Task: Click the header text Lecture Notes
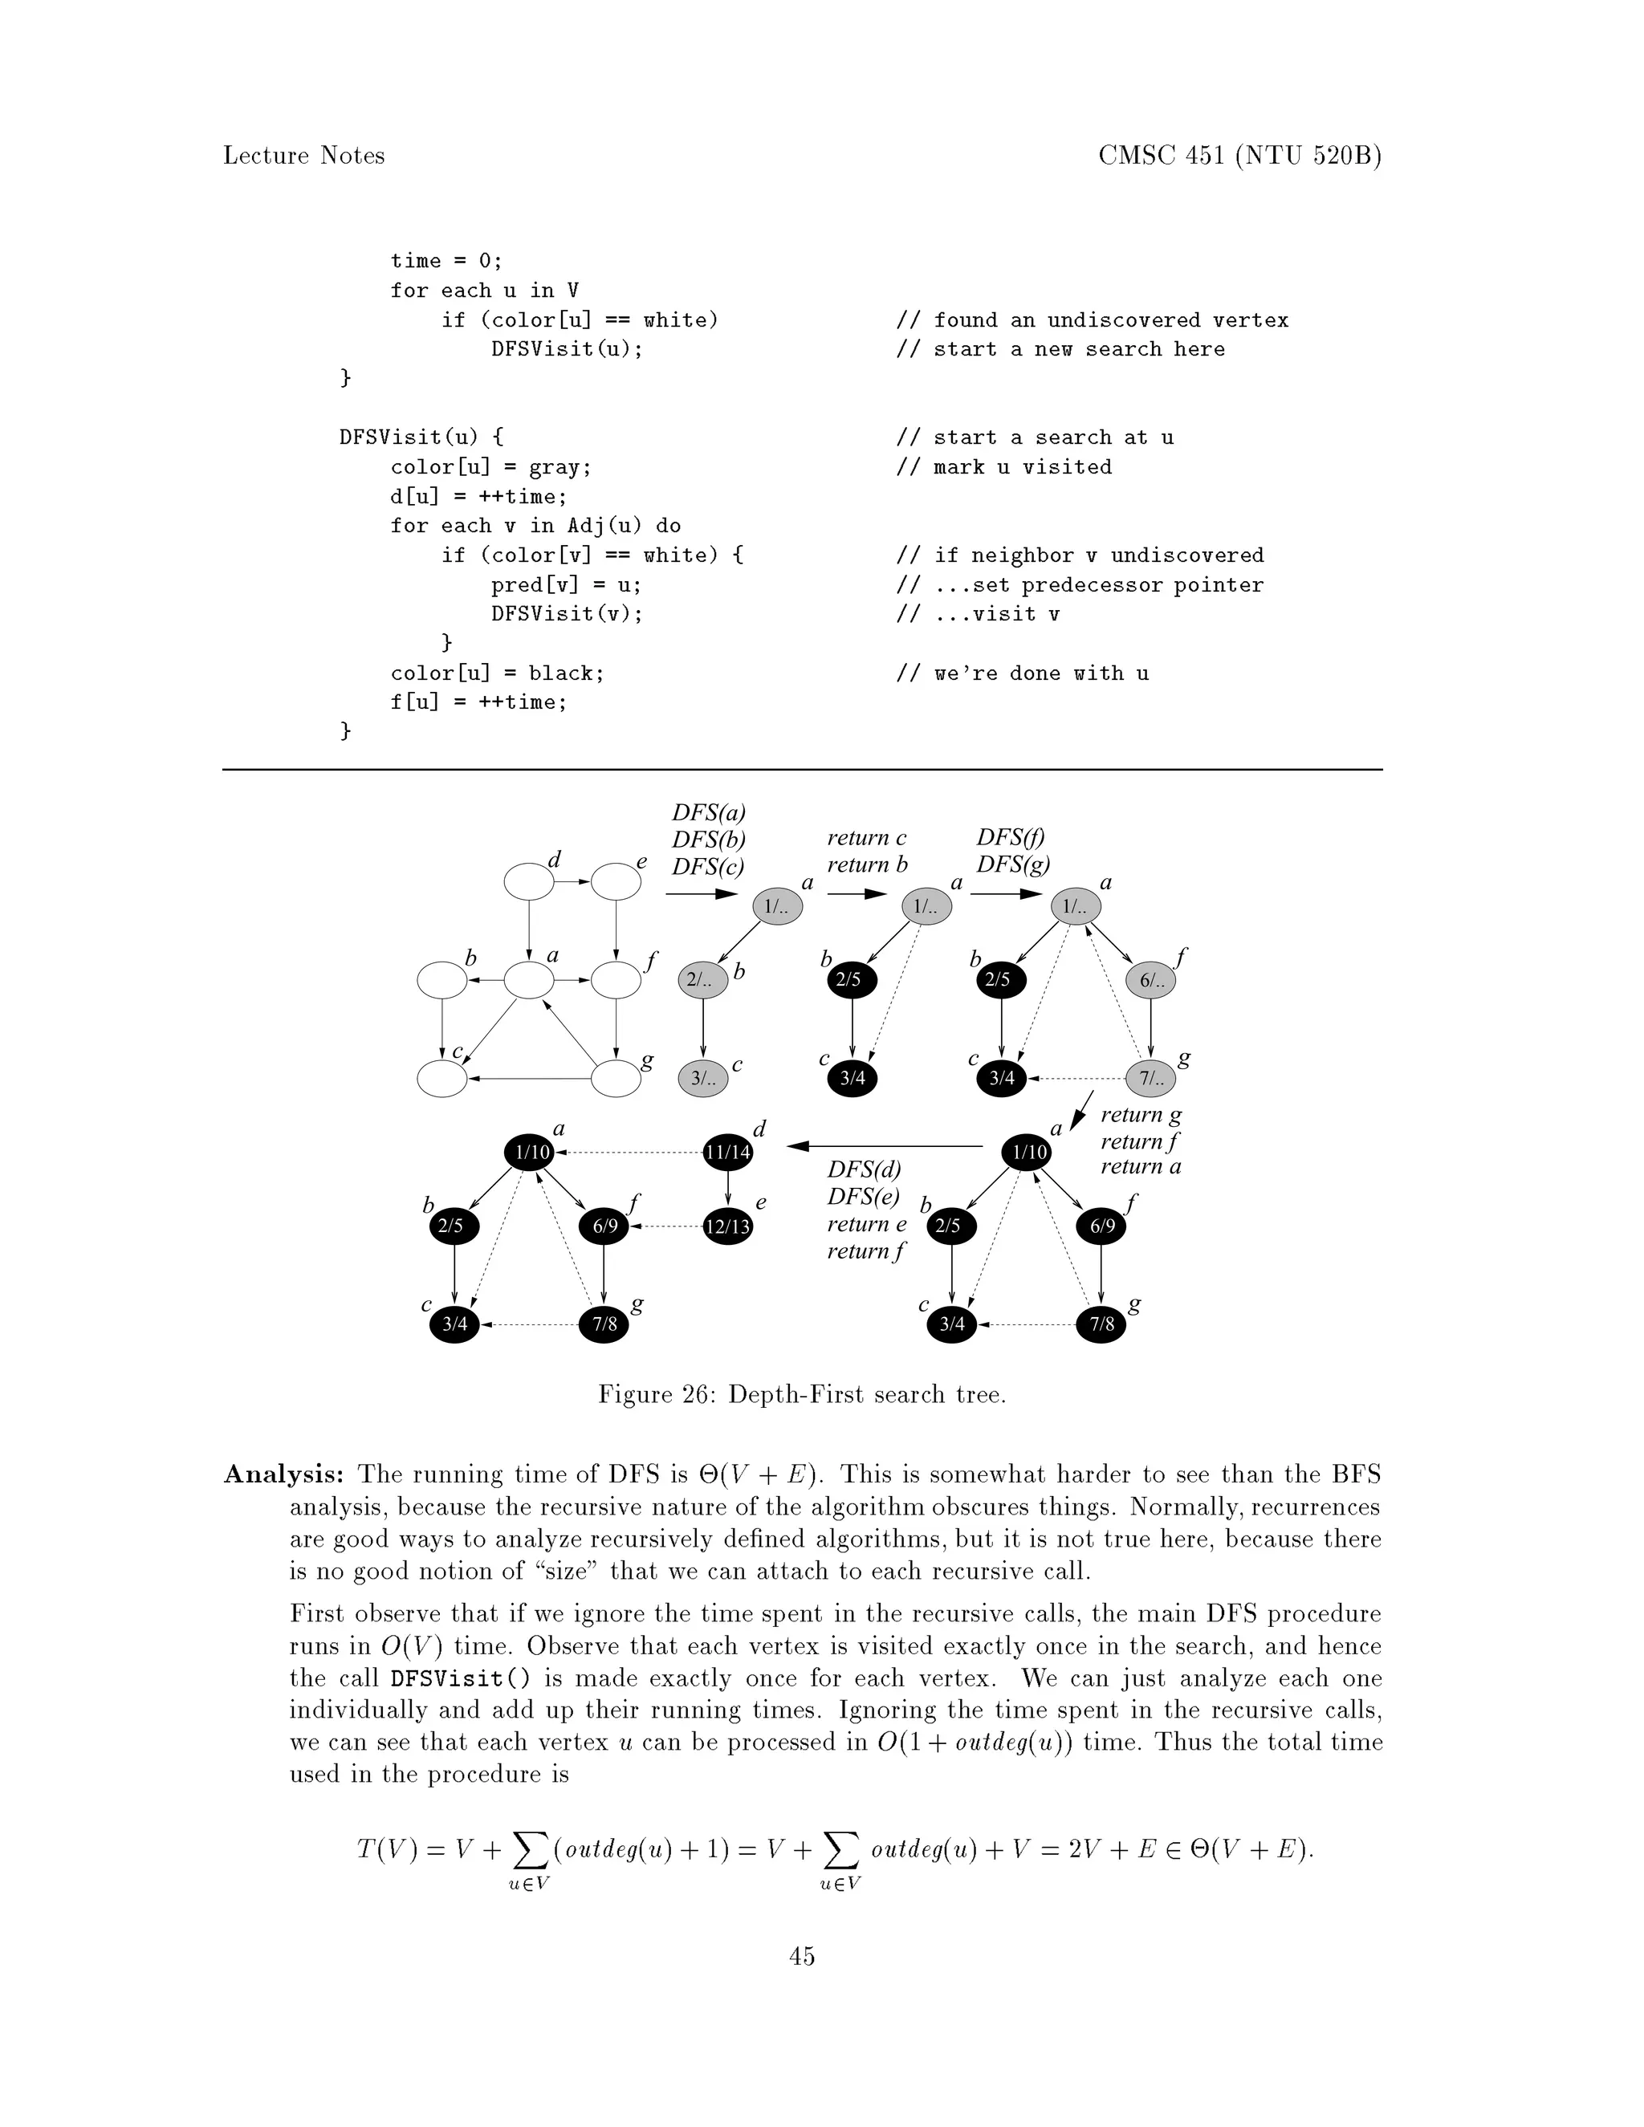click(304, 156)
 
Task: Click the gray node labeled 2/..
click(702, 980)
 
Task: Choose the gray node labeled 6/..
click(1151, 980)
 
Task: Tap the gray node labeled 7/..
click(1151, 1078)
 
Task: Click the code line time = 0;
click(447, 261)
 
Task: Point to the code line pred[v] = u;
click(567, 585)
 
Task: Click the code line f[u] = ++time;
click(478, 702)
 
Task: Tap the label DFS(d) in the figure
click(864, 1169)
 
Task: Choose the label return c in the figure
click(867, 837)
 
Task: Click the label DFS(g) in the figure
click(1013, 864)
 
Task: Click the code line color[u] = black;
click(498, 673)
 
